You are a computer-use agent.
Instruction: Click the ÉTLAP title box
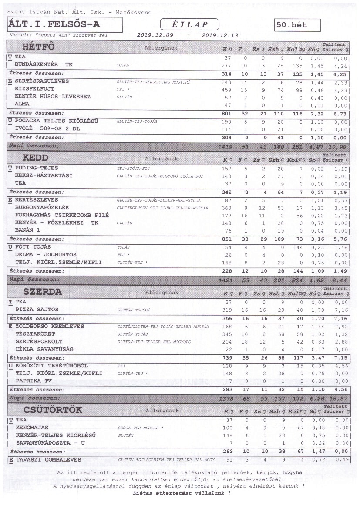(189, 24)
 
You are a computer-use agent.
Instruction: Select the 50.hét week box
(298, 25)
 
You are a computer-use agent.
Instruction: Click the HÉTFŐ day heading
(38, 47)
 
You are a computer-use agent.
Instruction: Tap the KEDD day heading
(35, 157)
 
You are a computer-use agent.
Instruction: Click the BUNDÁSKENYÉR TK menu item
(44, 64)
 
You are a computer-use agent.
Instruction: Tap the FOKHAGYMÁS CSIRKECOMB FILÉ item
(62, 215)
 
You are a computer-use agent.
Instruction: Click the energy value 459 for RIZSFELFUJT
(227, 89)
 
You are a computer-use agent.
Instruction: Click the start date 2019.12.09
(155, 35)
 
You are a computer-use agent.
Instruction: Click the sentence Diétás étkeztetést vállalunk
(182, 493)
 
